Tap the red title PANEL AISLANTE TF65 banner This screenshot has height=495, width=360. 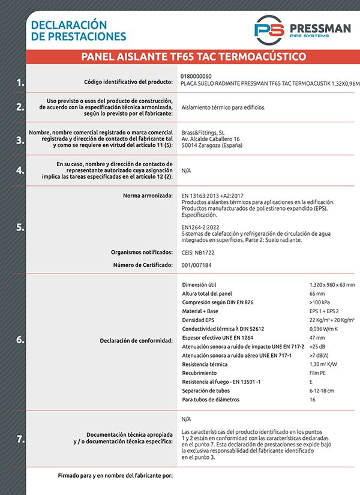(193, 57)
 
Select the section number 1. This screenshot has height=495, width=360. (20, 83)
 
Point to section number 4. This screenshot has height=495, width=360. (20, 170)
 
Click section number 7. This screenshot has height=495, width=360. (20, 439)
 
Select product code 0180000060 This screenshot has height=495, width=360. (196, 77)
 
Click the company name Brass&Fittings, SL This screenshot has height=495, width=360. (203, 132)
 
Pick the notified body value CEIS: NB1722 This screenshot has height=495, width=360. (198, 253)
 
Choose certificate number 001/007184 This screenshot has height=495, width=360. (196, 265)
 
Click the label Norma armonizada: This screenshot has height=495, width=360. (148, 196)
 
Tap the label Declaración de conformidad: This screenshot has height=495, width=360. (136, 340)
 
